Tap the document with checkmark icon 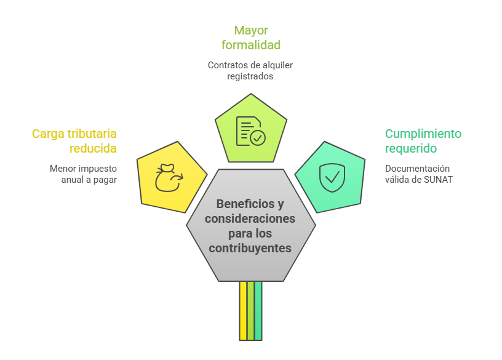coord(250,130)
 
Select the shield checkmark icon coord(332,177)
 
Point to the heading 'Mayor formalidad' coord(251,38)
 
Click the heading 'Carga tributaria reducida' coord(74,141)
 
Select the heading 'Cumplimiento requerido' coord(423,141)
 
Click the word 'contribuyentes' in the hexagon coord(250,249)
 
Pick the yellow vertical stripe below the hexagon coord(243,311)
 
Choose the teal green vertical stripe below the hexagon coord(258,311)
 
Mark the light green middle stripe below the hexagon coord(250,311)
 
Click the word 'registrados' coord(250,77)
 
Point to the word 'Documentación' coord(417,169)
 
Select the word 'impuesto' coord(99,168)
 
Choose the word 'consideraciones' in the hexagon coord(250,219)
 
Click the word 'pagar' coord(105,180)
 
